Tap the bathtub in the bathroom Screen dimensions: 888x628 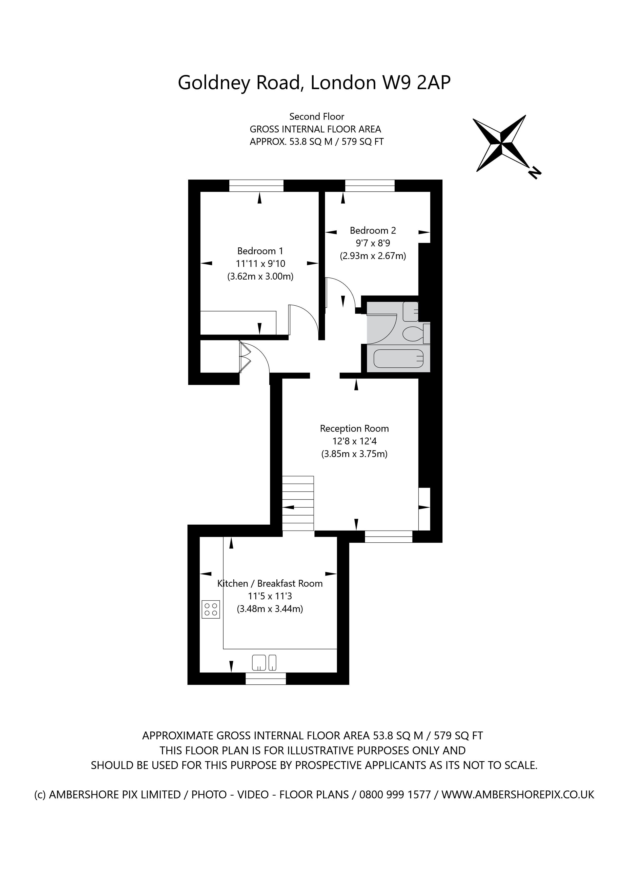click(399, 359)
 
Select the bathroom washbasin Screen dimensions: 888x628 click(410, 311)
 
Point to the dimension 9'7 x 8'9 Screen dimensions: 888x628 click(373, 243)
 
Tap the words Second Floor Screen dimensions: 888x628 click(317, 116)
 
